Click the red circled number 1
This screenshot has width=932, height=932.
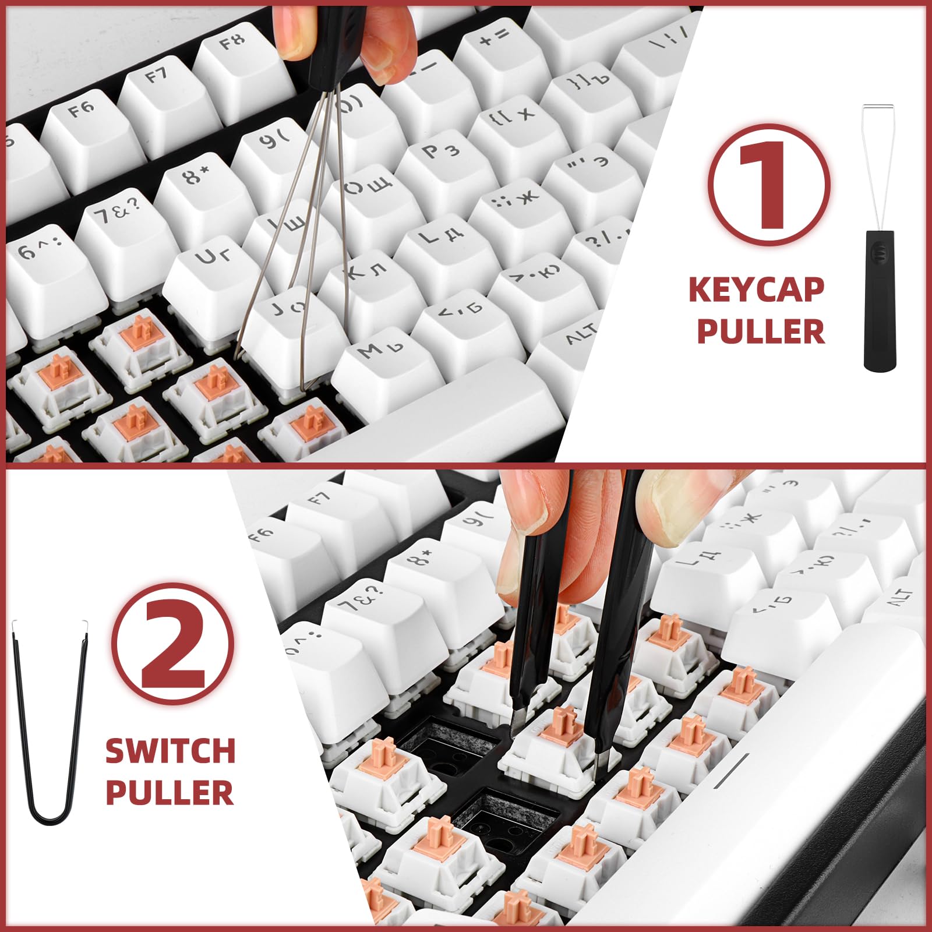(769, 185)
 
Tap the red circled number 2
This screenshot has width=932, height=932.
(173, 644)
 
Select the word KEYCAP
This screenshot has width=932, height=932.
(756, 290)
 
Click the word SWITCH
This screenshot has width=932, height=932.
(170, 751)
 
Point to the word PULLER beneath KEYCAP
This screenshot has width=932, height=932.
(761, 331)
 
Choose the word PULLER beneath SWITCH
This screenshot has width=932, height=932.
(170, 793)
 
